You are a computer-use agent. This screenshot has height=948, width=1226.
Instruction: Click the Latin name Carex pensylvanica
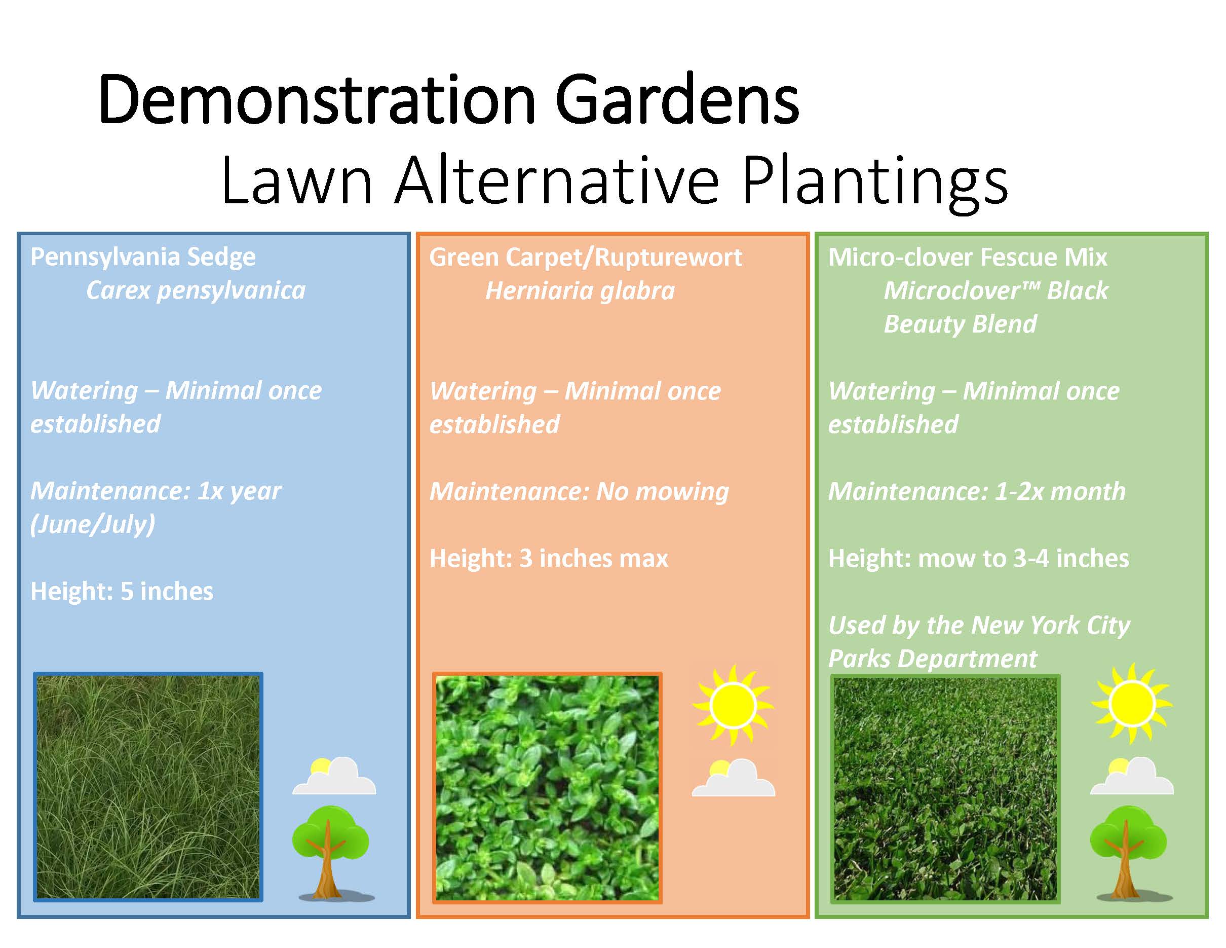click(x=196, y=290)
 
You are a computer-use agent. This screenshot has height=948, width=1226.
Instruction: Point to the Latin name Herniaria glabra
click(x=580, y=291)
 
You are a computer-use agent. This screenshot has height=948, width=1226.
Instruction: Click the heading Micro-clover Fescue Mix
click(x=967, y=257)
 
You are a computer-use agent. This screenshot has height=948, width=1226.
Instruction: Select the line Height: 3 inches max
click(x=549, y=558)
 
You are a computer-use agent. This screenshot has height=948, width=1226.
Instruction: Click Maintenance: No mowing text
click(x=579, y=491)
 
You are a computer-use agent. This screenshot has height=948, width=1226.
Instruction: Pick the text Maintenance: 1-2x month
click(x=977, y=491)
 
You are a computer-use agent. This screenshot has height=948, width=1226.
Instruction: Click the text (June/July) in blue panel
click(x=93, y=525)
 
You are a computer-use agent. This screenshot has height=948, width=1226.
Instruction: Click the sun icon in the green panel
click(x=1132, y=704)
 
